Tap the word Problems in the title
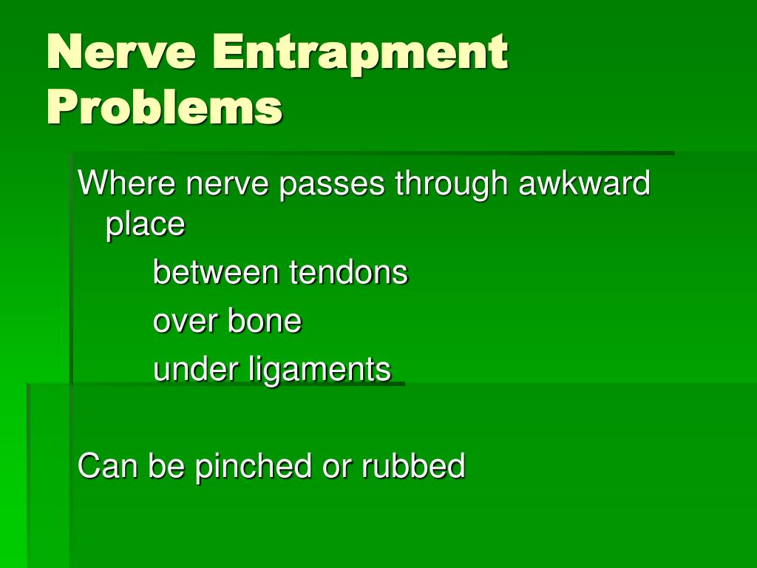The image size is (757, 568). [164, 107]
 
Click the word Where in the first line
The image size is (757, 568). [127, 183]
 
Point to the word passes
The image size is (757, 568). [331, 183]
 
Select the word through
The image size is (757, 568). [450, 184]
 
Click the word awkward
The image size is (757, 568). [584, 183]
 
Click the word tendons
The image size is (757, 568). [348, 272]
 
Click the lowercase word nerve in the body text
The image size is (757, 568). [228, 184]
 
